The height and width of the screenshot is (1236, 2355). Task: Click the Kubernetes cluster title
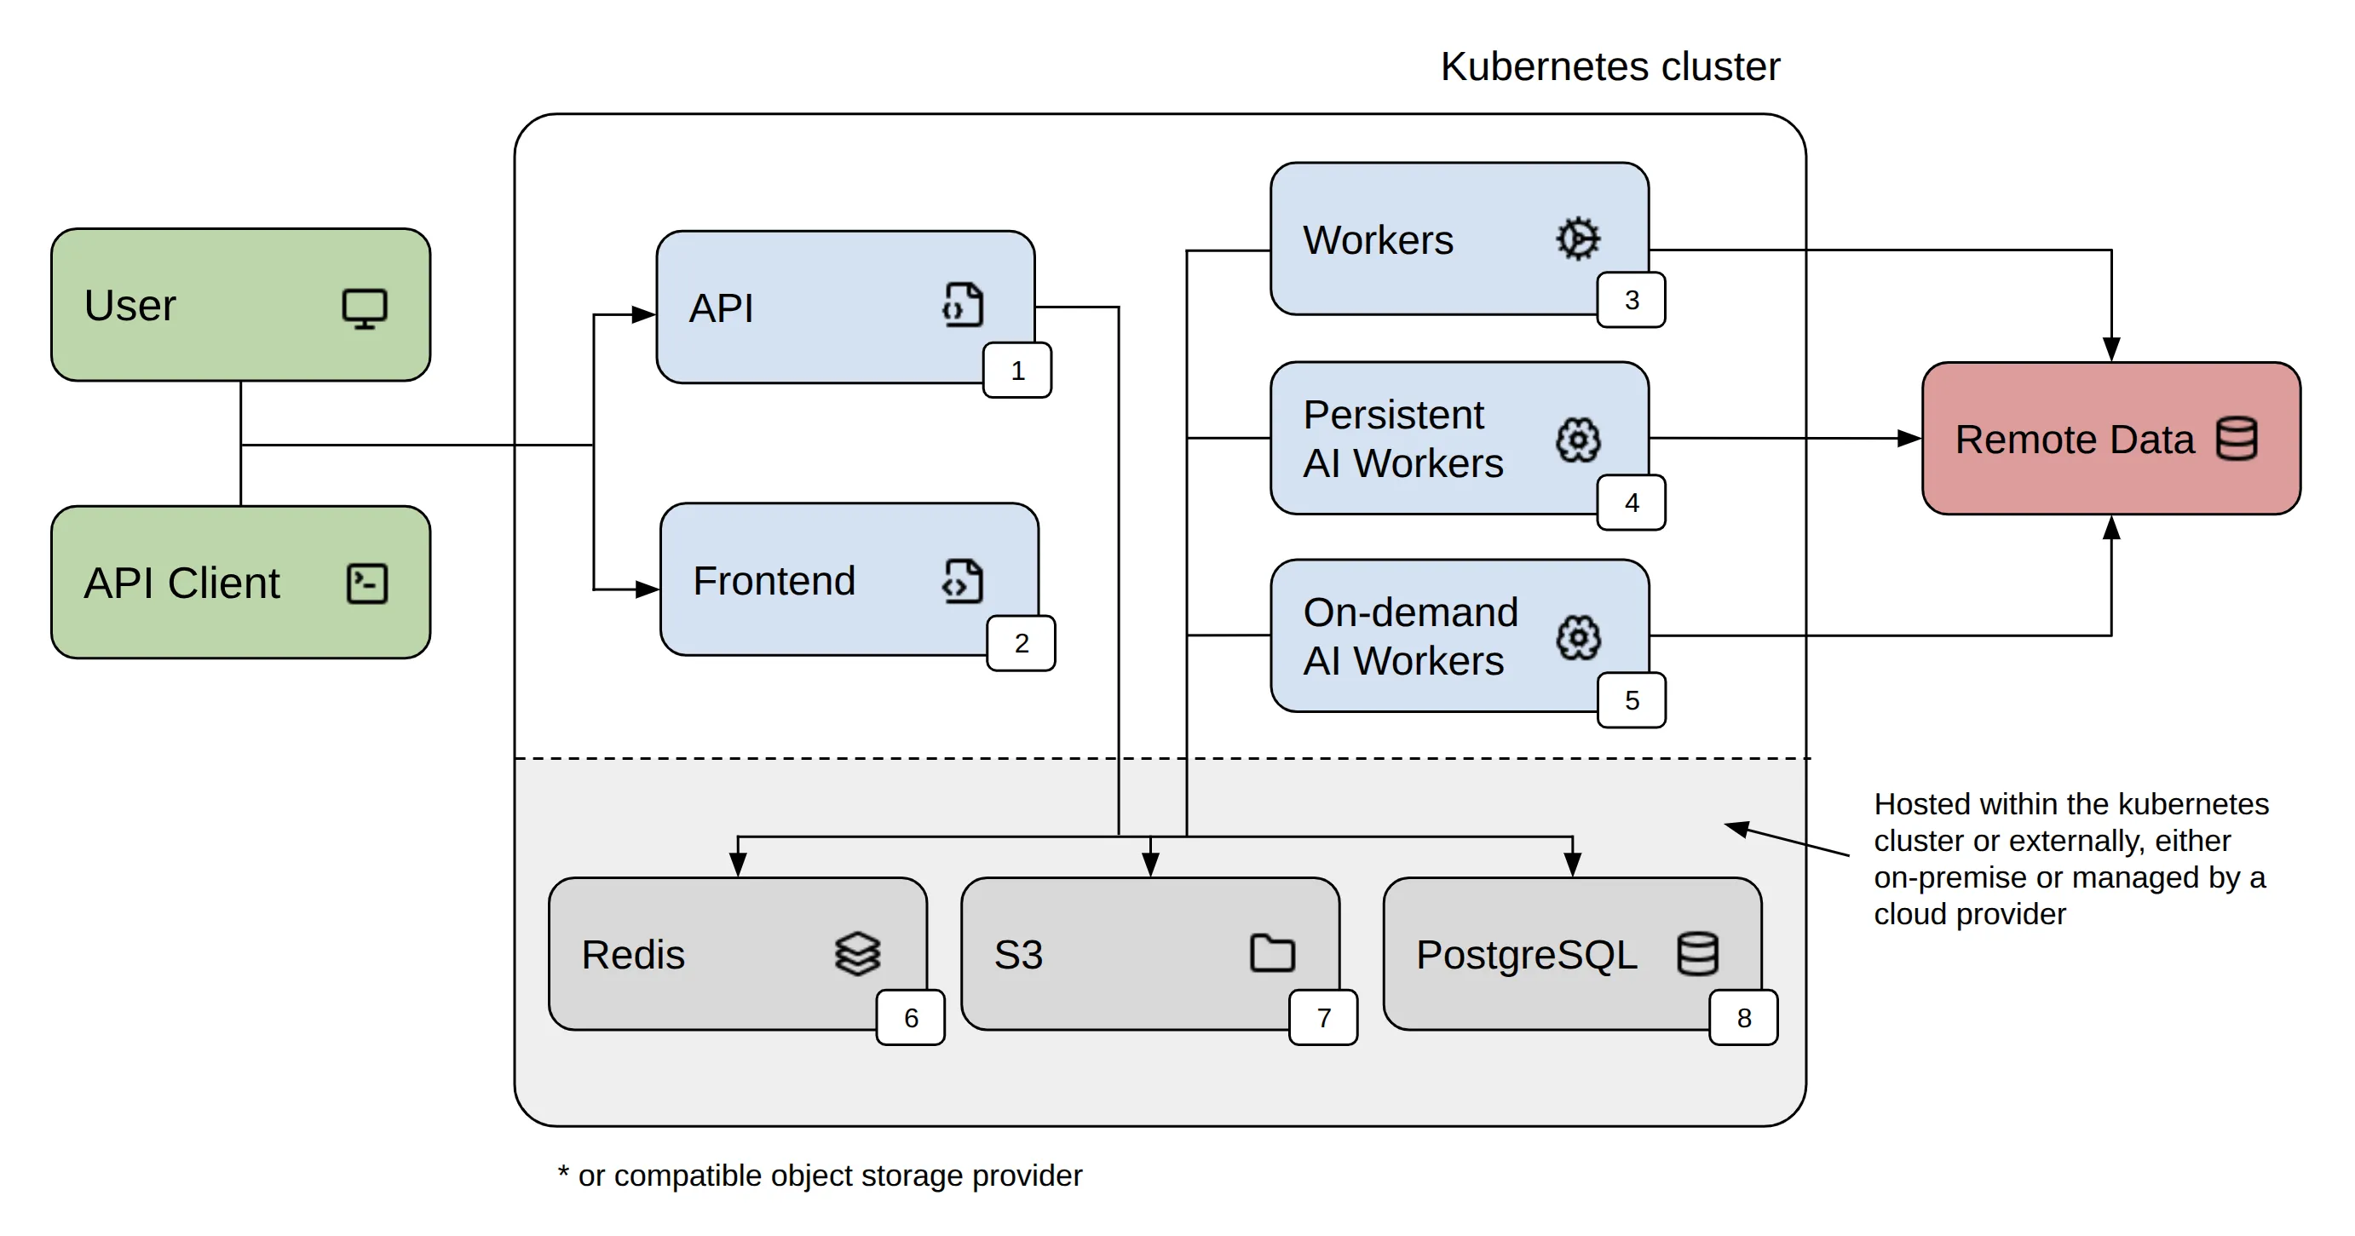pos(1610,66)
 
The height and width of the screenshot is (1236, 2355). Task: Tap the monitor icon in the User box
pos(365,309)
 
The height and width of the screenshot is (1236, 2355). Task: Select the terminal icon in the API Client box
pos(367,584)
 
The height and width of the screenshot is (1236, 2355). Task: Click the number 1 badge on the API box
pos(1017,371)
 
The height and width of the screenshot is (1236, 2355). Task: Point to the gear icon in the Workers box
pos(1578,239)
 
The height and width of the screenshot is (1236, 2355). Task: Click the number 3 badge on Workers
pos(1631,300)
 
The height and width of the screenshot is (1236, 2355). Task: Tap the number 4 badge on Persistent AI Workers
pos(1631,503)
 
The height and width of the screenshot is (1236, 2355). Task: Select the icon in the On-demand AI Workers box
pos(1578,637)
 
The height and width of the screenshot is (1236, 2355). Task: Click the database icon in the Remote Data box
pos(2237,439)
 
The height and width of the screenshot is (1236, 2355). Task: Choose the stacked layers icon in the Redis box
pos(857,953)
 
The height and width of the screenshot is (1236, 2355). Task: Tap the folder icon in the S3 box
pos(1272,952)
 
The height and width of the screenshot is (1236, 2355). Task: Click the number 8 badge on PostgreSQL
pos(1743,1017)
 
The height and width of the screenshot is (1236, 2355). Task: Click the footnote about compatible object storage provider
pos(820,1175)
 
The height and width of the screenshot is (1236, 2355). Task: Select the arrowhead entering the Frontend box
pos(648,589)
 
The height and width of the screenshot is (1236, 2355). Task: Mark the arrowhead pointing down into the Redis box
pos(738,865)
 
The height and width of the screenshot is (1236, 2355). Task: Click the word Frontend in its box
pos(774,580)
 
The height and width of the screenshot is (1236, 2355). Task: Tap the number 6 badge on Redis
pos(911,1017)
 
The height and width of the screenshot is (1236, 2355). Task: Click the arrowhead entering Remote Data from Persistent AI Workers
pos(1909,438)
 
